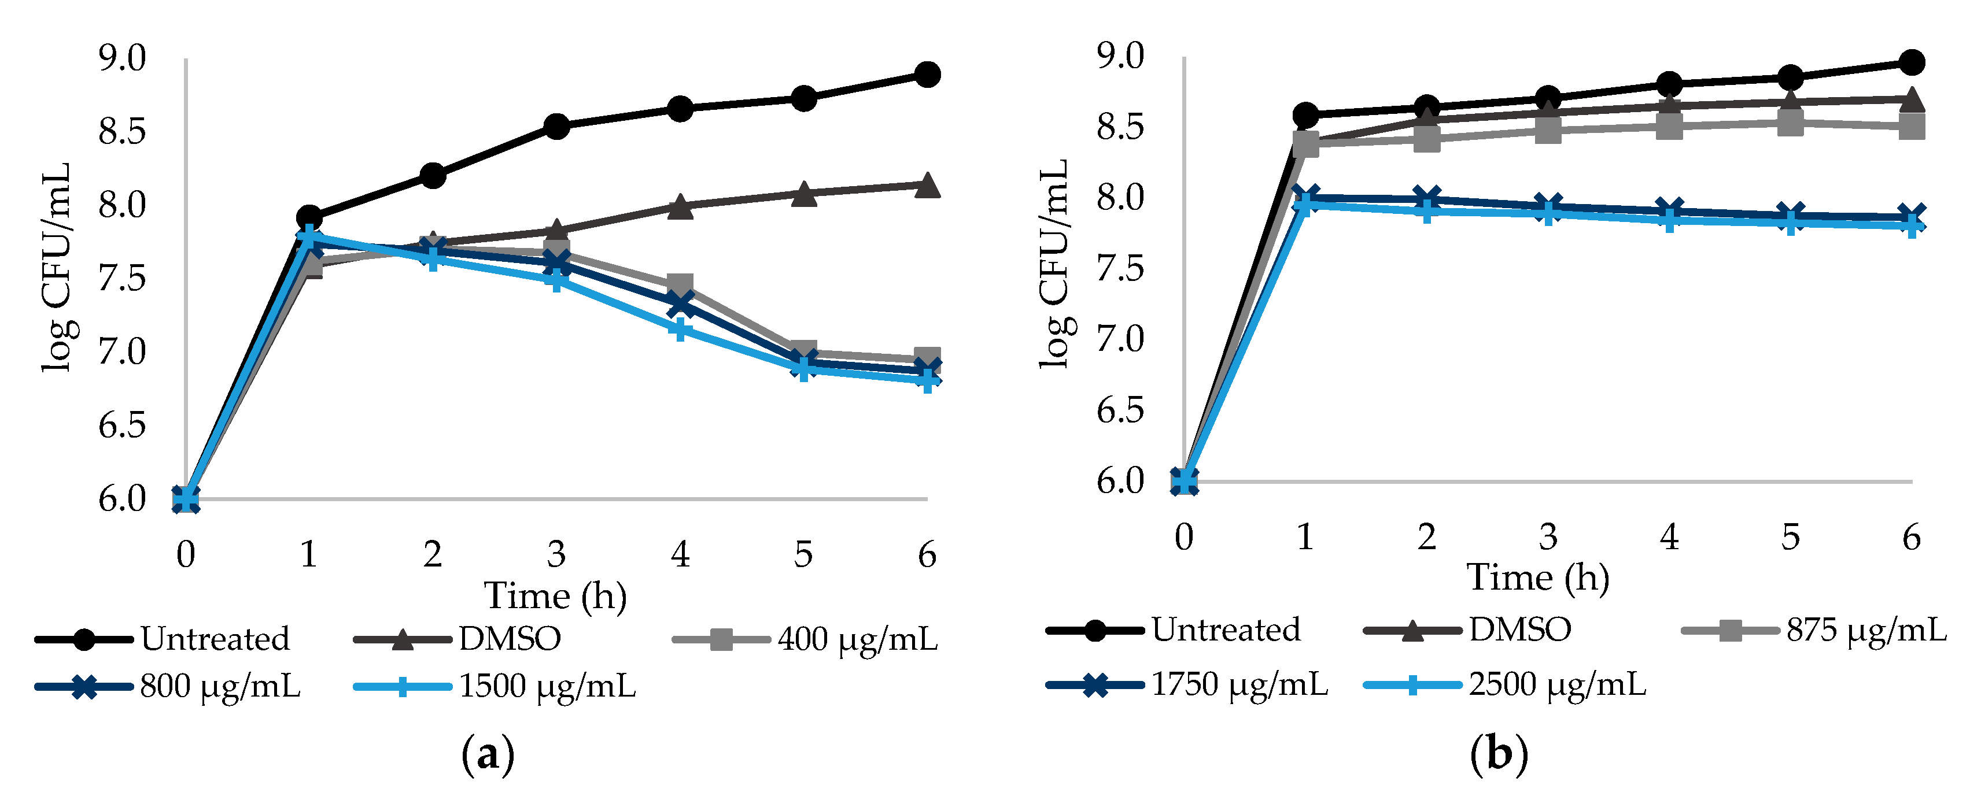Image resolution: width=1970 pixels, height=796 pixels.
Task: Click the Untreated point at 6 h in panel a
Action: (927, 74)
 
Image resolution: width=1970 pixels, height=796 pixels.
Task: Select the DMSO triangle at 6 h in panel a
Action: (927, 185)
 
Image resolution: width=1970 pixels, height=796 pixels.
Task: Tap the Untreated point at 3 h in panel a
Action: (556, 126)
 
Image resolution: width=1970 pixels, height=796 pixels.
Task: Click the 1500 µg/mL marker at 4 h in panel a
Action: (680, 329)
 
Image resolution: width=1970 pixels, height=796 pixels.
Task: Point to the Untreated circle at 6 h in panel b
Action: (1911, 62)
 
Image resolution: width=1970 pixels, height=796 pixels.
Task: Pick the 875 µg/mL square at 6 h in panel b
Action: (1911, 127)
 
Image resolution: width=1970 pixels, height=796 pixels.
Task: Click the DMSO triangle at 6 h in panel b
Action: (1911, 99)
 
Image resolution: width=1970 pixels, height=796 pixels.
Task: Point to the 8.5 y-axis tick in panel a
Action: (121, 132)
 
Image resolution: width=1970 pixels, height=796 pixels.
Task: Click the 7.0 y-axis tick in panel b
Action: (1120, 339)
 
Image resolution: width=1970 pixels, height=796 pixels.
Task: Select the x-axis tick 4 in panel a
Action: (680, 554)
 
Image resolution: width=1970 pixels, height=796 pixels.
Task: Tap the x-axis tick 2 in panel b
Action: (1426, 538)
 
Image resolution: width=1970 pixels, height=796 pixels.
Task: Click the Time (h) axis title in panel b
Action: (1537, 577)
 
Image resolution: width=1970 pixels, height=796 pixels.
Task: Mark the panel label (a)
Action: (488, 756)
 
